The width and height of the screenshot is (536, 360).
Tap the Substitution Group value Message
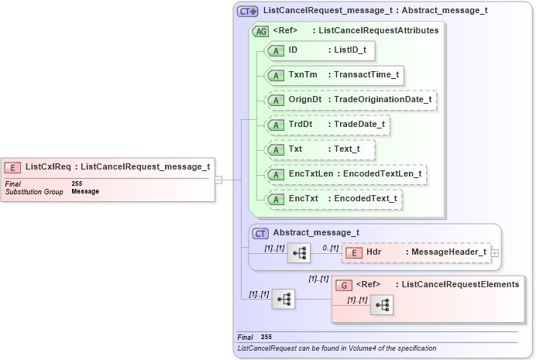pyautogui.click(x=85, y=190)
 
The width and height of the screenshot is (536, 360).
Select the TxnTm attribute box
pyautogui.click(x=334, y=75)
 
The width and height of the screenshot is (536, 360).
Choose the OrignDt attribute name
pyautogui.click(x=305, y=100)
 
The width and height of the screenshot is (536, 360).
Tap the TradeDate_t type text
pyautogui.click(x=359, y=125)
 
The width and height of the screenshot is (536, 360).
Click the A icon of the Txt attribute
pyautogui.click(x=276, y=149)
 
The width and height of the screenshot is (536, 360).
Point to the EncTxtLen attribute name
pyautogui.click(x=310, y=174)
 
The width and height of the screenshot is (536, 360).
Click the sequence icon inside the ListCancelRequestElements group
pyautogui.click(x=381, y=305)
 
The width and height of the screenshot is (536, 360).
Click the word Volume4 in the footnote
pyautogui.click(x=372, y=348)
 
